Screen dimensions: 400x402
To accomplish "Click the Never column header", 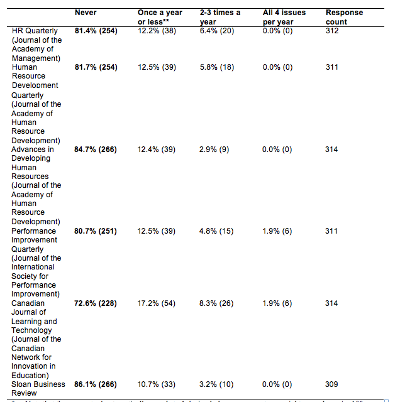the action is click(x=86, y=13).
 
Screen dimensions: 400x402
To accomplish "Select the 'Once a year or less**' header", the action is click(x=160, y=17).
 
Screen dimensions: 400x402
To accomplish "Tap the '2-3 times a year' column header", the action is click(x=219, y=17).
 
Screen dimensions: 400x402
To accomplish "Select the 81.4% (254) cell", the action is click(x=96, y=30).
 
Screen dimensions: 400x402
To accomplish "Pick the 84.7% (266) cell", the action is click(x=96, y=149).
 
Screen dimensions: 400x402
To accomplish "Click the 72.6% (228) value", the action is click(x=96, y=303).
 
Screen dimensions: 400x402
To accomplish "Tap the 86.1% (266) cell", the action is click(x=96, y=384).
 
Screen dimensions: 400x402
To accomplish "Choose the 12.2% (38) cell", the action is click(x=156, y=30).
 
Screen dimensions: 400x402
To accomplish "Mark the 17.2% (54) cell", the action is click(x=156, y=303).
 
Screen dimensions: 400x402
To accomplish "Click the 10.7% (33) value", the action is click(x=156, y=384).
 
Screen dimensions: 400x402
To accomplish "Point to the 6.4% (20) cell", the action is click(x=216, y=30).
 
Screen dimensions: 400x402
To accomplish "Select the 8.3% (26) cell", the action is click(x=216, y=303).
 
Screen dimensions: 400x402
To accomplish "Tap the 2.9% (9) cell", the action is click(x=213, y=149).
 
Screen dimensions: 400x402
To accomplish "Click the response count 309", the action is click(x=331, y=384).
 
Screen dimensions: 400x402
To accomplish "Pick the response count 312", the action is click(x=331, y=30).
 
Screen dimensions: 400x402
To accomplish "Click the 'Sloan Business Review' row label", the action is click(x=38, y=388).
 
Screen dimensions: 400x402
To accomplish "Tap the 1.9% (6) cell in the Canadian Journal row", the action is click(x=277, y=303).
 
